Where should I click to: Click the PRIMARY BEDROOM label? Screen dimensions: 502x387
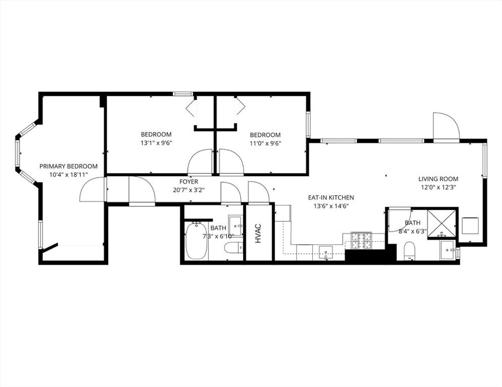[x=69, y=166]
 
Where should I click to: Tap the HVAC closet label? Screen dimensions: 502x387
[x=258, y=233]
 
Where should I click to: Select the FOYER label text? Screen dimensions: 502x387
[x=189, y=182]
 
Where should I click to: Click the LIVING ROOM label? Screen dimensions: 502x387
[x=438, y=179]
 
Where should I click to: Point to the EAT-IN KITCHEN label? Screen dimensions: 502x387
[x=331, y=198]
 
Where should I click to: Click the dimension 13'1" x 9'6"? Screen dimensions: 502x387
[x=156, y=143]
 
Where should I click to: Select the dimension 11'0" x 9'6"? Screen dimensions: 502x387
[x=265, y=143]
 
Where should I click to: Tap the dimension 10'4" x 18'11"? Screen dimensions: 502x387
[x=69, y=175]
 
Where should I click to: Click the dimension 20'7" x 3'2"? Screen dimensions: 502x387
[x=189, y=190]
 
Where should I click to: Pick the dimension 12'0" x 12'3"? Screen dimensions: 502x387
[x=438, y=187]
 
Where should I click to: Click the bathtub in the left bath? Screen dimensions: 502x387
[x=196, y=241]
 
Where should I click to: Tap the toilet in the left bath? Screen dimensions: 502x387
[x=233, y=248]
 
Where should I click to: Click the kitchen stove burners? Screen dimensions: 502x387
[x=362, y=241]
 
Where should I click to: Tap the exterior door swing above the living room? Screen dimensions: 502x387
[x=447, y=126]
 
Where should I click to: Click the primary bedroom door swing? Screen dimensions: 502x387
[x=93, y=189]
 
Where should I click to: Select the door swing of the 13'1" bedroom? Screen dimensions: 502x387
[x=200, y=162]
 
